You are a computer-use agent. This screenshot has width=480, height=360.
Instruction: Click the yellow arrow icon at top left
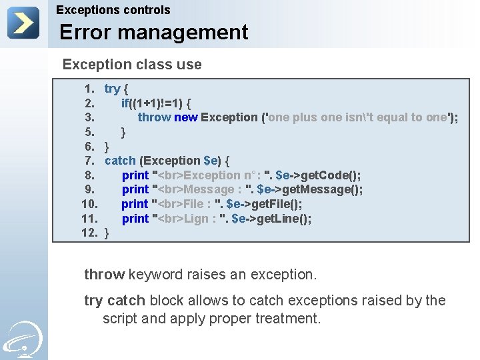click(23, 23)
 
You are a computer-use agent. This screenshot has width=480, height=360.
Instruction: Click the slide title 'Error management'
click(153, 32)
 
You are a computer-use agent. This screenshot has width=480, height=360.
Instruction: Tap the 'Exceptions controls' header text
click(113, 10)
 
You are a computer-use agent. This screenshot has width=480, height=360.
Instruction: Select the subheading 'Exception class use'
click(131, 65)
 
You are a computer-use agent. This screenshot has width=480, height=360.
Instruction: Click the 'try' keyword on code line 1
click(112, 89)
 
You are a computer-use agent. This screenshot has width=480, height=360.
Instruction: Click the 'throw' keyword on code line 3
click(154, 117)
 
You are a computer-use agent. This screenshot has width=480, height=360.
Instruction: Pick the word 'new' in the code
click(186, 117)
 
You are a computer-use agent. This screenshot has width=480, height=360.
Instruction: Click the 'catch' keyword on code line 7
click(120, 161)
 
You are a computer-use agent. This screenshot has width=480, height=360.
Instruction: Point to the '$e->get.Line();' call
click(271, 219)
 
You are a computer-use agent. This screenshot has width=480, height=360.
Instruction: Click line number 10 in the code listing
click(90, 204)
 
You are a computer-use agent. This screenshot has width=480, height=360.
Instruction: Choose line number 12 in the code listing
click(90, 233)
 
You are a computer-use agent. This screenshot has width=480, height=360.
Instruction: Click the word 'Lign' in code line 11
click(196, 219)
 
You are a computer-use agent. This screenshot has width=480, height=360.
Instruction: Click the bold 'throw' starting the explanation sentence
click(104, 274)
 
